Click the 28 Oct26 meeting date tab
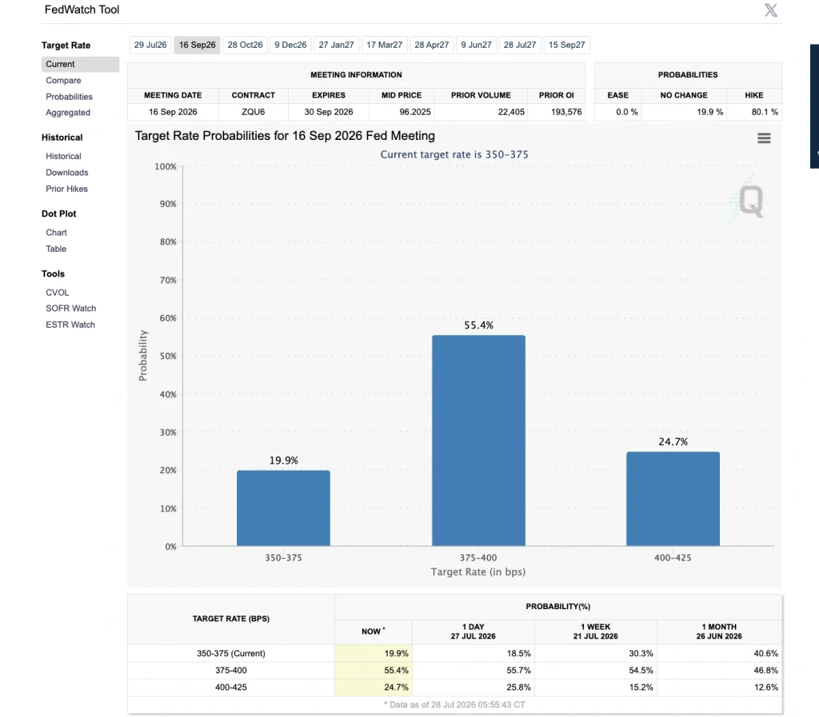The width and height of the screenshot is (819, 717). (245, 45)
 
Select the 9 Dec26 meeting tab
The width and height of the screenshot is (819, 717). (290, 45)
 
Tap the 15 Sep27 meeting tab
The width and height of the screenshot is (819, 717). (567, 45)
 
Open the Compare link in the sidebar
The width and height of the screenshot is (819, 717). (63, 81)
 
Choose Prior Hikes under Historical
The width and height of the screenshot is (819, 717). (66, 189)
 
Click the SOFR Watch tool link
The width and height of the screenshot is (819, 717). (70, 309)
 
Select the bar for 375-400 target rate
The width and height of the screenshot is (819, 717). (478, 440)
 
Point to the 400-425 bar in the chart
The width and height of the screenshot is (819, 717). (673, 499)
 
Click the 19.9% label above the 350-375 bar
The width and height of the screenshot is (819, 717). (284, 460)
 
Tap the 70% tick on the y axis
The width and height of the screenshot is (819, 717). (168, 281)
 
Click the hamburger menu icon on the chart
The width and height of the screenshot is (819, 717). (764, 137)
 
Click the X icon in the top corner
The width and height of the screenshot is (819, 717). (770, 10)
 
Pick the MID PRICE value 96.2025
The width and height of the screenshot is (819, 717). (415, 112)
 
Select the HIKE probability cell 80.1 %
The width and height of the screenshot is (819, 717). (765, 112)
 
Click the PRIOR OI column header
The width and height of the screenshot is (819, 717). (557, 95)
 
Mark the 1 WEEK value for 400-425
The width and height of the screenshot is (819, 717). (641, 687)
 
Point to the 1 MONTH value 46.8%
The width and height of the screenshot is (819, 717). (765, 670)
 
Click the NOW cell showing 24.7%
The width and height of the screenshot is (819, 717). (396, 687)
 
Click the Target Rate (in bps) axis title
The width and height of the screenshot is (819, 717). (478, 572)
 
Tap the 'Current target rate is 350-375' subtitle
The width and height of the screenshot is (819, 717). (454, 154)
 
